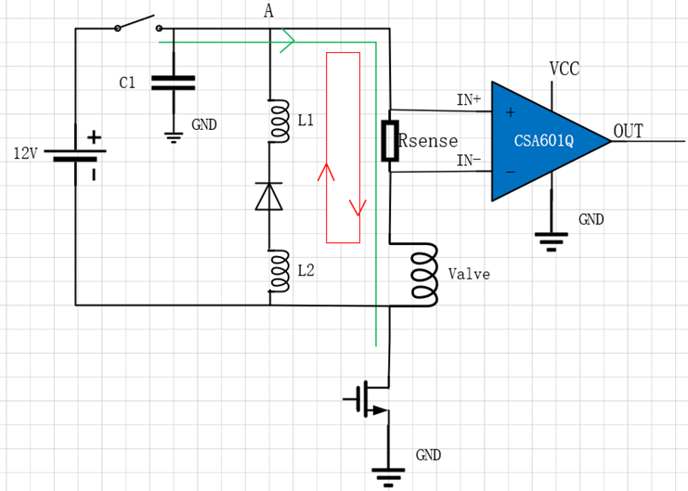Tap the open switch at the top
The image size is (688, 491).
click(137, 22)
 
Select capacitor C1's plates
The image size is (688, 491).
click(173, 83)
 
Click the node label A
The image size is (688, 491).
click(268, 11)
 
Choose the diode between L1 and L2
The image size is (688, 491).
click(269, 197)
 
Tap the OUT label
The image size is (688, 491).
click(628, 131)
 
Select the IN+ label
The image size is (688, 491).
click(469, 99)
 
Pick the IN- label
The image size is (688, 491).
click(469, 161)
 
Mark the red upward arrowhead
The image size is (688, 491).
click(326, 173)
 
